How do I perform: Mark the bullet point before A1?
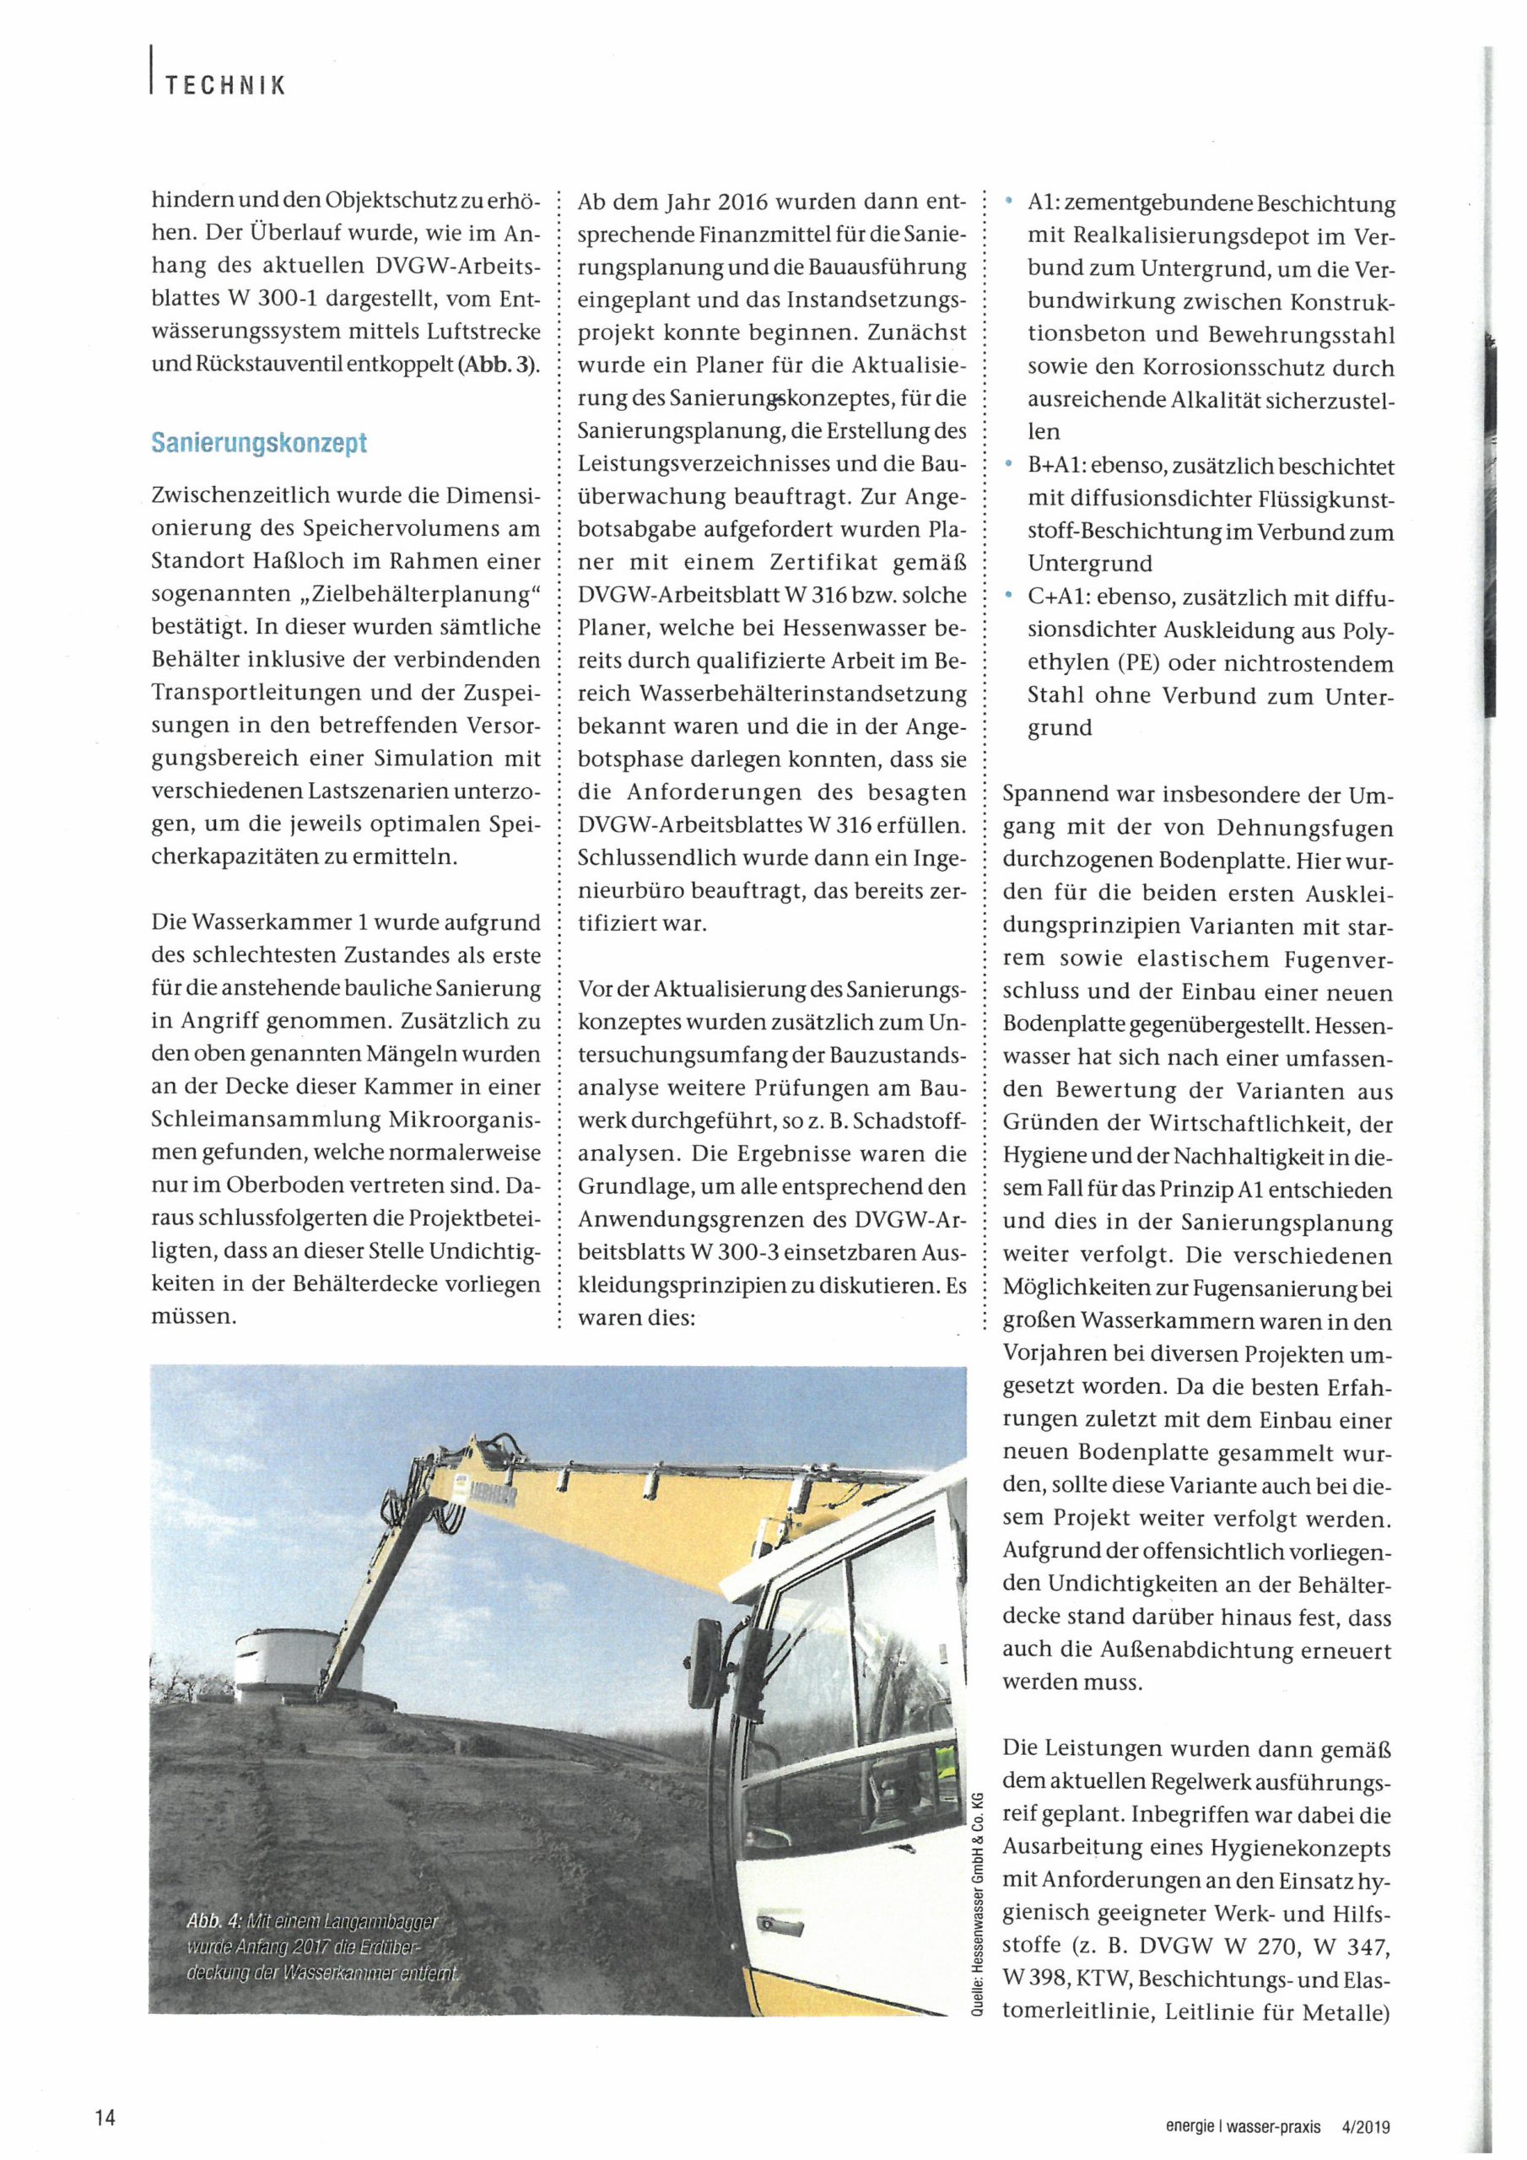(1010, 202)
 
